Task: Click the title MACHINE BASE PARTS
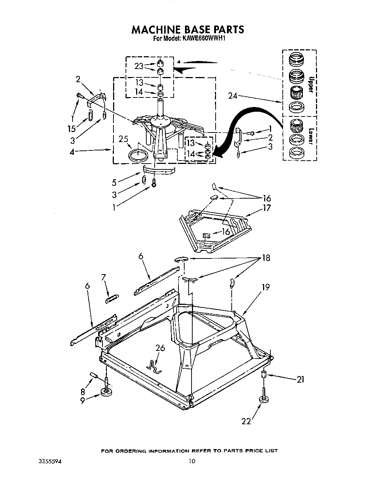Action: point(188,29)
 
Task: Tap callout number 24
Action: point(233,96)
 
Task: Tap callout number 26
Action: point(160,348)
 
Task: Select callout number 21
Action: point(300,380)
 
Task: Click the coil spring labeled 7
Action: point(111,299)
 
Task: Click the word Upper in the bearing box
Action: point(310,85)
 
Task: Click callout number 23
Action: point(139,66)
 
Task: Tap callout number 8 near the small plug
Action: point(83,392)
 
